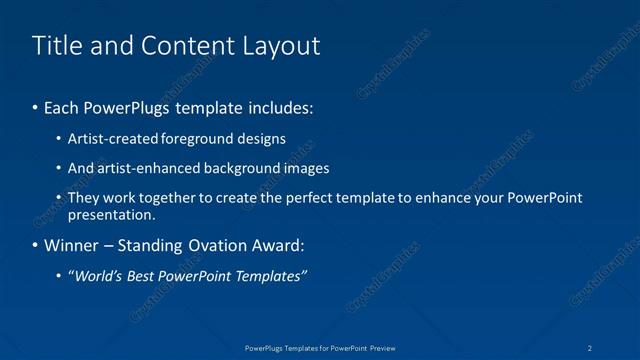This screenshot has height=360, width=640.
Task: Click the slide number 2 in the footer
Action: (591, 347)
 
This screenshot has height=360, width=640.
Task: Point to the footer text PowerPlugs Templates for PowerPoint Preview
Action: (320, 347)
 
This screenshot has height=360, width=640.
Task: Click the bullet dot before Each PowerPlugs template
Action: (36, 106)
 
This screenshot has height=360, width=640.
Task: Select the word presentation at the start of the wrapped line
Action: (111, 215)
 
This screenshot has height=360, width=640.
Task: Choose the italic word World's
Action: (95, 276)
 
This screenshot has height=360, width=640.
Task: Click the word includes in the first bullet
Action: (283, 106)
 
